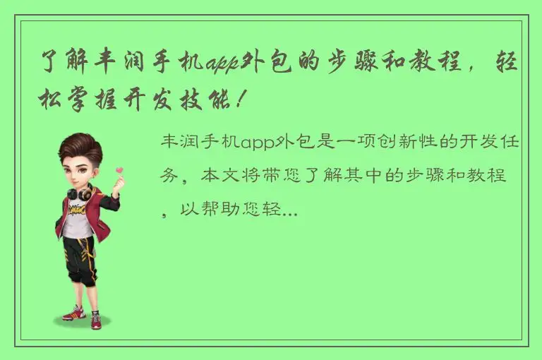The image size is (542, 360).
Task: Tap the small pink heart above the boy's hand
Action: (119, 169)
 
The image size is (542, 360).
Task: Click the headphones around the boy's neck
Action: (79, 191)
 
